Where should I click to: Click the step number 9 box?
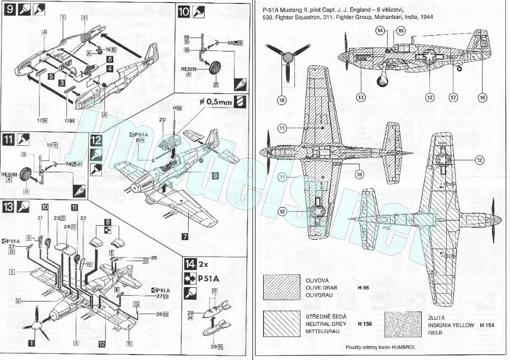coord(9,10)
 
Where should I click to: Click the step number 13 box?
coord(9,206)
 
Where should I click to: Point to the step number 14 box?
coord(190,264)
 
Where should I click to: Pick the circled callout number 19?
coord(282,100)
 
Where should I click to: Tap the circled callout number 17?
coord(452,97)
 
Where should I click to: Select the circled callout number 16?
coord(482,97)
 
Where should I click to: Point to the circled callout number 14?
coord(380,31)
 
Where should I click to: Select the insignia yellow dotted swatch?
coord(403,323)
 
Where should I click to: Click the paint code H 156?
coord(364,323)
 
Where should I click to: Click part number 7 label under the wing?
coord(185,236)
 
